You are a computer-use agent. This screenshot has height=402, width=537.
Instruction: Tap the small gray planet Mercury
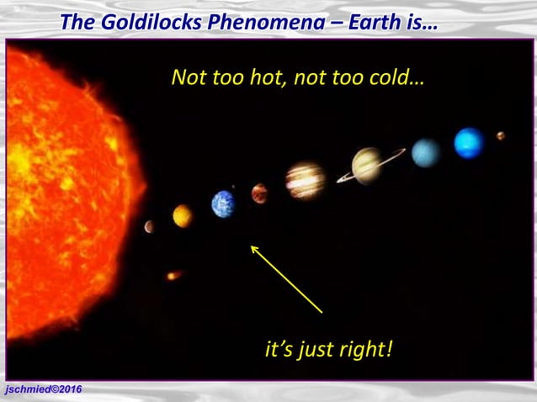tap(149, 226)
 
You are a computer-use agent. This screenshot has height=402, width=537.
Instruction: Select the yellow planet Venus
tap(182, 216)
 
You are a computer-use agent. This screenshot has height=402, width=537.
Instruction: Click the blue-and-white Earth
tap(223, 204)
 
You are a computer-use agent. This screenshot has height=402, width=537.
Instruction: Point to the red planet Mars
tap(259, 194)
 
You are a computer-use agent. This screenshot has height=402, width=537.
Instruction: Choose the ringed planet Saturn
tap(368, 165)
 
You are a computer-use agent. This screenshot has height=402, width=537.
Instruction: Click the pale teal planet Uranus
tap(426, 153)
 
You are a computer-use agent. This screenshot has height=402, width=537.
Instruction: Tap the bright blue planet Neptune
tap(469, 143)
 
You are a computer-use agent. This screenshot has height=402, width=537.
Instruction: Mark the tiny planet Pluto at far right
tap(501, 135)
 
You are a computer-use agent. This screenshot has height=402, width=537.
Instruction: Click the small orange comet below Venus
tap(173, 275)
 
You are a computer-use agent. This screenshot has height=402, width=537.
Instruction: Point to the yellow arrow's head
tap(253, 246)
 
